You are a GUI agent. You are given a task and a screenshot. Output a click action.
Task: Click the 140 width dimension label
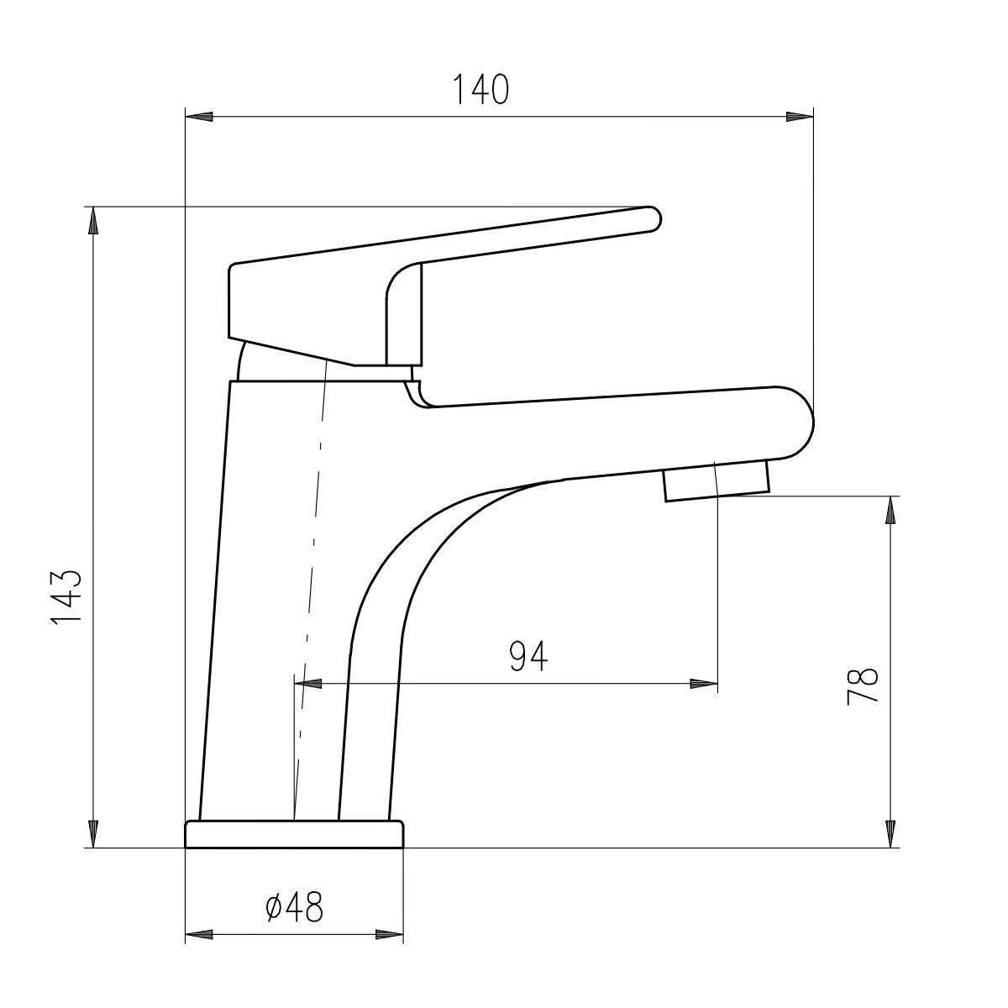pyautogui.click(x=480, y=89)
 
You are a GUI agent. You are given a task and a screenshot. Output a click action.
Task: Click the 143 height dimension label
pyautogui.click(x=66, y=596)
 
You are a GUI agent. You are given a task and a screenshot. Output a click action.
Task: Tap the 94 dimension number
pyautogui.click(x=528, y=656)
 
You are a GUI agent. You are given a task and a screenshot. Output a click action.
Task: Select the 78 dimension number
pyautogui.click(x=862, y=687)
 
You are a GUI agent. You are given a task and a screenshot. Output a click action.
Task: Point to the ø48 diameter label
pyautogui.click(x=295, y=906)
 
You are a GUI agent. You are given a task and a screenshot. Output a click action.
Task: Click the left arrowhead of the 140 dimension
pyautogui.click(x=199, y=117)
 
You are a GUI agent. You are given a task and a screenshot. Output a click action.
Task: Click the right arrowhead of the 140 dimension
pyautogui.click(x=800, y=117)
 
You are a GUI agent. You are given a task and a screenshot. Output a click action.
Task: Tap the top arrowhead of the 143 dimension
pyautogui.click(x=93, y=220)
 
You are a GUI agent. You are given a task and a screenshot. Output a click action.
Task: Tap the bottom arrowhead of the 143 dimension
pyautogui.click(x=93, y=834)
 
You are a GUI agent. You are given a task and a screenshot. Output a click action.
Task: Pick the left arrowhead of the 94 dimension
pyautogui.click(x=308, y=684)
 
